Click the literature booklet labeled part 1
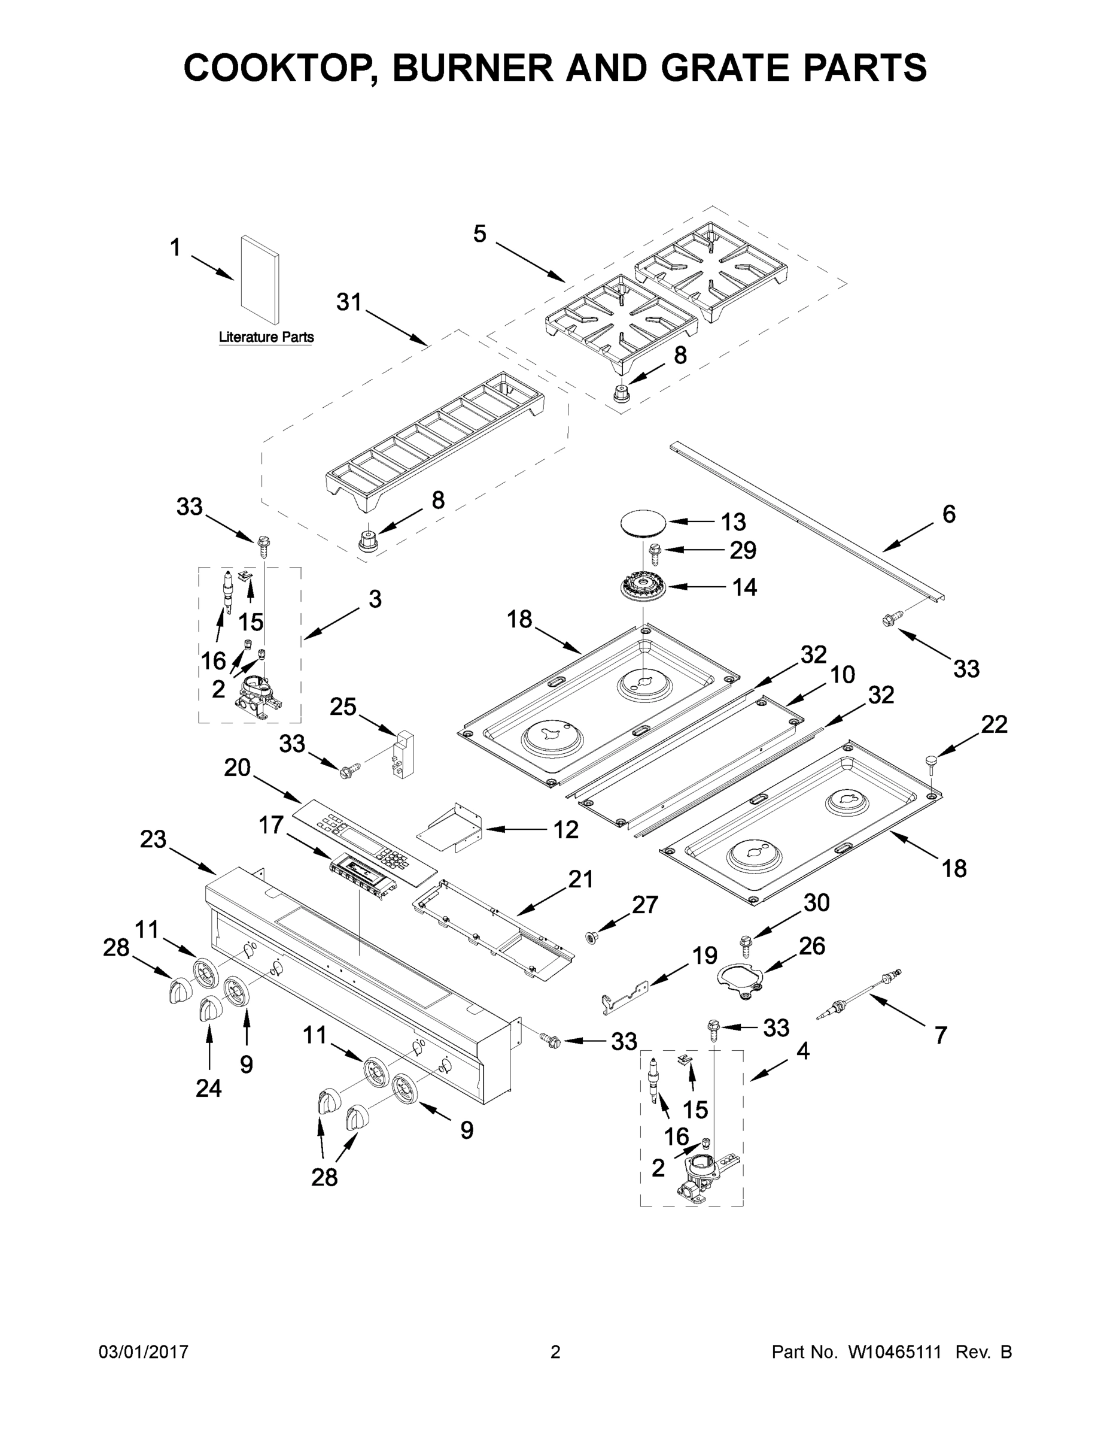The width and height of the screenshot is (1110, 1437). [259, 281]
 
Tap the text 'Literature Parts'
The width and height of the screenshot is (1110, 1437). [266, 338]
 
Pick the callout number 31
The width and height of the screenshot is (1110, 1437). [349, 302]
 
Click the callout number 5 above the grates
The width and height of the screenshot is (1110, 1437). [480, 234]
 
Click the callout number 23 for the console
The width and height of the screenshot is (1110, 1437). [153, 839]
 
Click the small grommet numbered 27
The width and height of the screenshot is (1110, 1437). [592, 936]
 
